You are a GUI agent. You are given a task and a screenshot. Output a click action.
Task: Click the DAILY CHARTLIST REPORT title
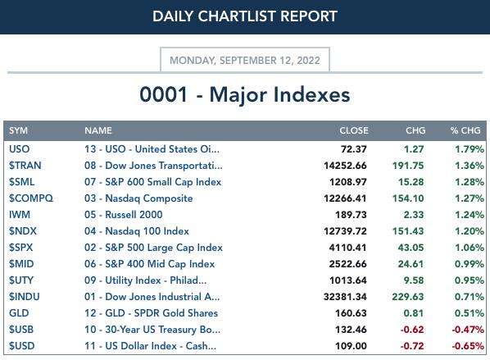pyautogui.click(x=245, y=16)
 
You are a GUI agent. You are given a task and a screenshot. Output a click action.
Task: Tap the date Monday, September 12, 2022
pyautogui.click(x=245, y=60)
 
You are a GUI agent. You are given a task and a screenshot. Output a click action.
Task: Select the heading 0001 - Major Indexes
pyautogui.click(x=245, y=94)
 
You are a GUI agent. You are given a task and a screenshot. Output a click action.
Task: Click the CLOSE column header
pyautogui.click(x=354, y=130)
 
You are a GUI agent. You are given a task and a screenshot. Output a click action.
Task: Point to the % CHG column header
pyautogui.click(x=465, y=130)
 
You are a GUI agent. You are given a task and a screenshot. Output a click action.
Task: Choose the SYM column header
pyautogui.click(x=18, y=130)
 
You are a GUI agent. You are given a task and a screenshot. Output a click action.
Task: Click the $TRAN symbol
pyautogui.click(x=25, y=166)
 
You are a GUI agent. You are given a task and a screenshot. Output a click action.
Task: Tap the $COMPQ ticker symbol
pyautogui.click(x=31, y=198)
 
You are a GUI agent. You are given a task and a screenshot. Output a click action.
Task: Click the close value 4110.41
pyautogui.click(x=347, y=248)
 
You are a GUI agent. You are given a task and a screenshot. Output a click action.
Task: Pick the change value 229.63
pyautogui.click(x=408, y=297)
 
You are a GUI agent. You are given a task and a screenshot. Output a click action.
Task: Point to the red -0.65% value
pyautogui.click(x=468, y=346)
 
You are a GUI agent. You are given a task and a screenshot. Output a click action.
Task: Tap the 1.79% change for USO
pyautogui.click(x=470, y=149)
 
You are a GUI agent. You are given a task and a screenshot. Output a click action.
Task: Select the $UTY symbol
pyautogui.click(x=21, y=280)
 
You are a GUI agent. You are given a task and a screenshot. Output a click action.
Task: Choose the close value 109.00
pyautogui.click(x=351, y=346)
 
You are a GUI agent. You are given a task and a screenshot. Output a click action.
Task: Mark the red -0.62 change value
pyautogui.click(x=412, y=330)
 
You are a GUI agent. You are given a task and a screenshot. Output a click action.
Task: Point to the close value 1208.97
pyautogui.click(x=347, y=182)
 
